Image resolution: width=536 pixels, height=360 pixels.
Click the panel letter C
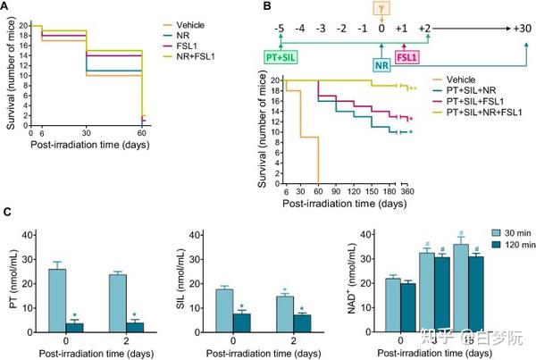pos(7,215)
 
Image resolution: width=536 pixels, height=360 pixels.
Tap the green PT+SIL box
pos(280,57)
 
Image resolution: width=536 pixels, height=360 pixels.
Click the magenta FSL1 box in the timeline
pos(406,57)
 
